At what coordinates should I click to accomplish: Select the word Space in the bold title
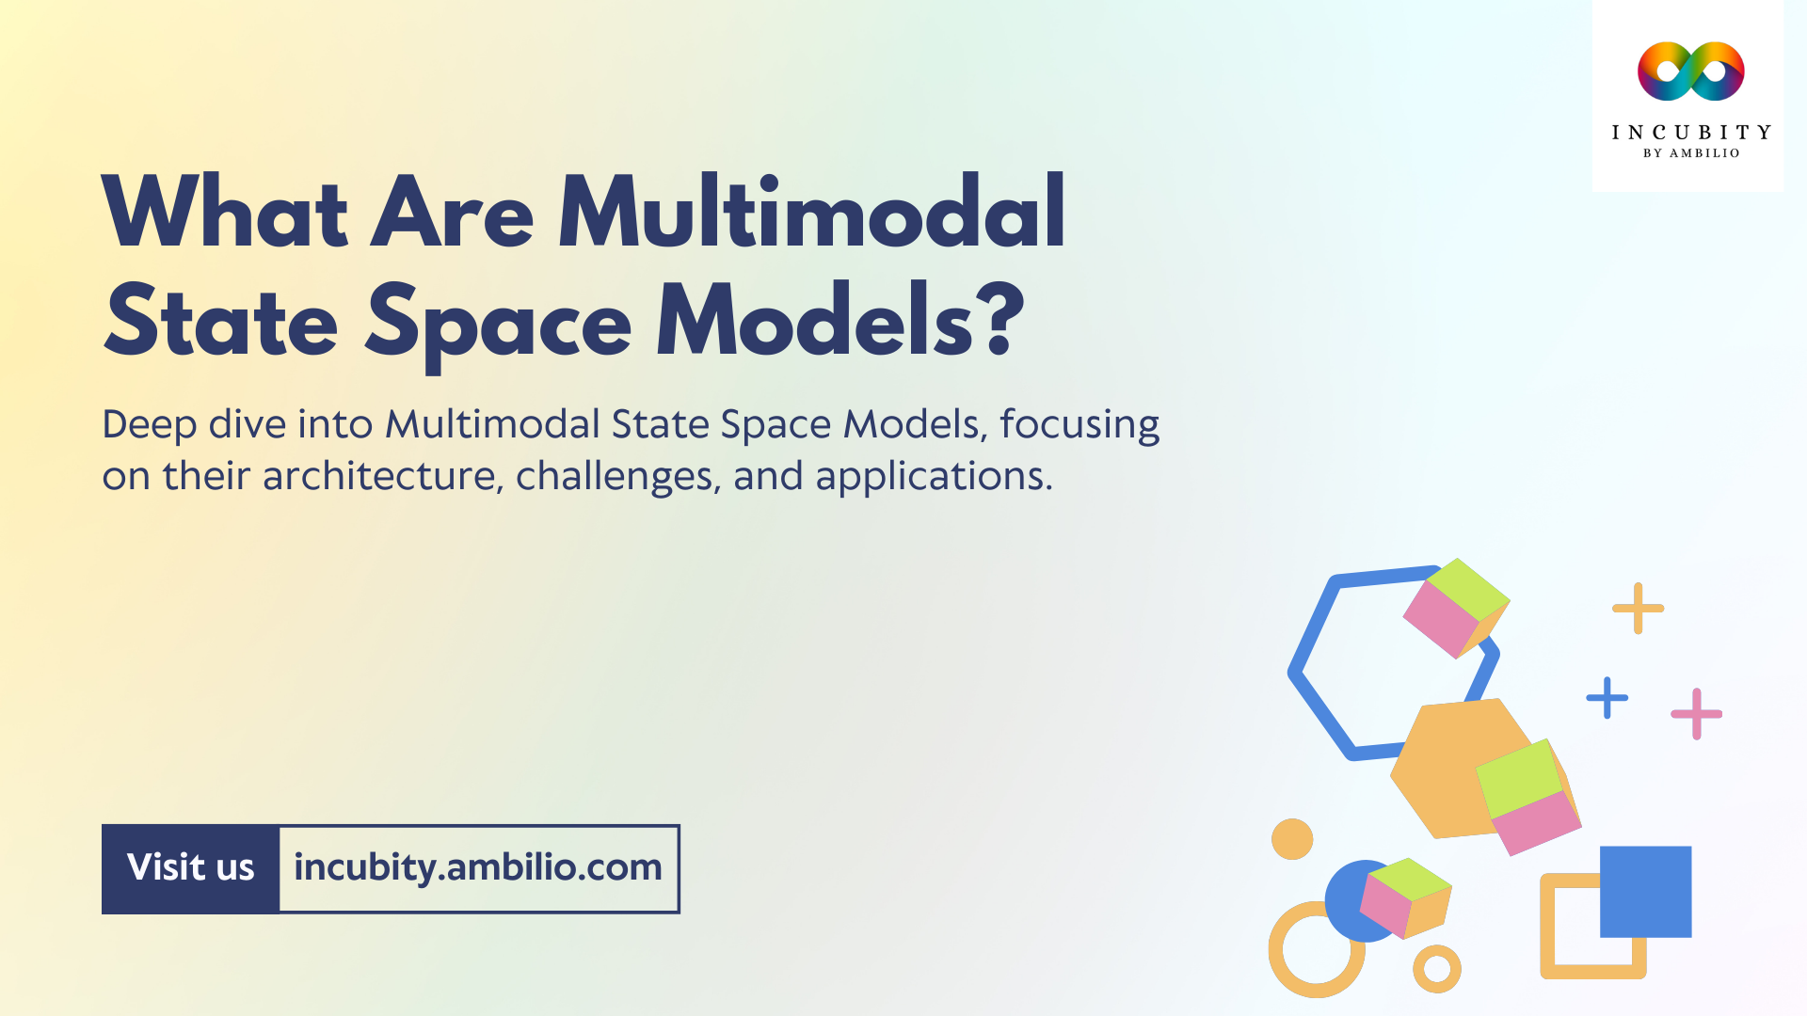(x=498, y=323)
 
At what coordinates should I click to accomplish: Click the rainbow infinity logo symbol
(x=1690, y=71)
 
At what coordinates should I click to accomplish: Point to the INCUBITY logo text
(x=1690, y=133)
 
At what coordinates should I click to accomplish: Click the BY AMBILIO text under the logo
(x=1690, y=153)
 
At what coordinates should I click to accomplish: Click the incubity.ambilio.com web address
(x=478, y=867)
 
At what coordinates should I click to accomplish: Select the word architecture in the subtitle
(x=379, y=476)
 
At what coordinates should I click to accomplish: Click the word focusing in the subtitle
(x=1079, y=424)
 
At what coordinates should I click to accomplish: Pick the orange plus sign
(x=1638, y=608)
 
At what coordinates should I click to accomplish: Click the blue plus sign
(x=1607, y=698)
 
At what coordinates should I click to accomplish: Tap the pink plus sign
(x=1696, y=714)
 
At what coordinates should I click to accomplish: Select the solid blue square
(x=1645, y=891)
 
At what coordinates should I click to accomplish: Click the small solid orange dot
(x=1291, y=838)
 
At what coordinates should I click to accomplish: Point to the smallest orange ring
(x=1436, y=968)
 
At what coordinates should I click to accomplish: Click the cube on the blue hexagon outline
(x=1455, y=608)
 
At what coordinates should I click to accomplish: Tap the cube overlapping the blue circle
(x=1405, y=897)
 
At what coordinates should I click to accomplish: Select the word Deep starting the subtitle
(x=149, y=424)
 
